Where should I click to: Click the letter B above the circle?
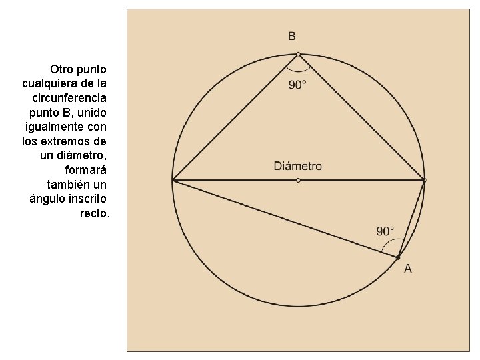click(292, 36)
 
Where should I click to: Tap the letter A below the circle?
click(408, 269)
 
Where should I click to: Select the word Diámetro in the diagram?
click(298, 166)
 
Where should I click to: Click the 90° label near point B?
click(298, 85)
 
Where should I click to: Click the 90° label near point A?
click(385, 231)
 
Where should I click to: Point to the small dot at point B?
click(298, 54)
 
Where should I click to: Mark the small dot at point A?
click(398, 257)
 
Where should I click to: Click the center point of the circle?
click(298, 180)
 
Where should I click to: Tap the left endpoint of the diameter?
click(173, 180)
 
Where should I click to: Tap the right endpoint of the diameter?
click(424, 180)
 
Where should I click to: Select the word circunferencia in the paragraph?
click(69, 97)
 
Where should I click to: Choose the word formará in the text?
click(86, 169)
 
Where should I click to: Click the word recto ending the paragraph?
click(93, 213)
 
